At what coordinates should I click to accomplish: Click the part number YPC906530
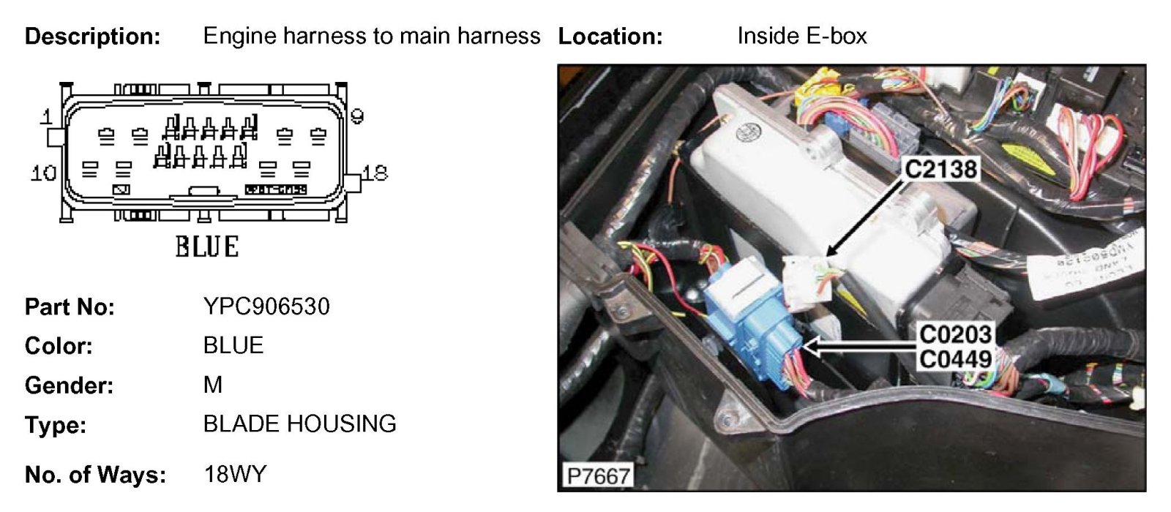coord(266,306)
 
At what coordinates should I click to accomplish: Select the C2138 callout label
coord(940,170)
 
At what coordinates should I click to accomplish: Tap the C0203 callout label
coord(955,334)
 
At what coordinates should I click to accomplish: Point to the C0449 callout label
coord(955,359)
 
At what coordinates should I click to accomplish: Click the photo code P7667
coord(598,476)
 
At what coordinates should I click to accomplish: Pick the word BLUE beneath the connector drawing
coord(206,246)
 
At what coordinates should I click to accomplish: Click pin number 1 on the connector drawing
coord(47,117)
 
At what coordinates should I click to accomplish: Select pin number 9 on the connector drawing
coord(357,116)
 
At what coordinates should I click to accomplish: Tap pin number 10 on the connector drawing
coord(43,173)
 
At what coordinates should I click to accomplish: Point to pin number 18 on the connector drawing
coord(375,173)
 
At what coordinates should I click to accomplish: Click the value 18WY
coord(235,474)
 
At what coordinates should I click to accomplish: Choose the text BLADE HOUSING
coord(299,423)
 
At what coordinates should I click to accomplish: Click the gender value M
coord(213,385)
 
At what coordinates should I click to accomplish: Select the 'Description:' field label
coord(92,36)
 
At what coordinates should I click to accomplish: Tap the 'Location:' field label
coord(610,36)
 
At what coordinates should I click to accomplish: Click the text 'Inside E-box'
coord(801,36)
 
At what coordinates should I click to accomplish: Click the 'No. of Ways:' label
coord(95,475)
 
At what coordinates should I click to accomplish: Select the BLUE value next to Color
coord(233,345)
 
